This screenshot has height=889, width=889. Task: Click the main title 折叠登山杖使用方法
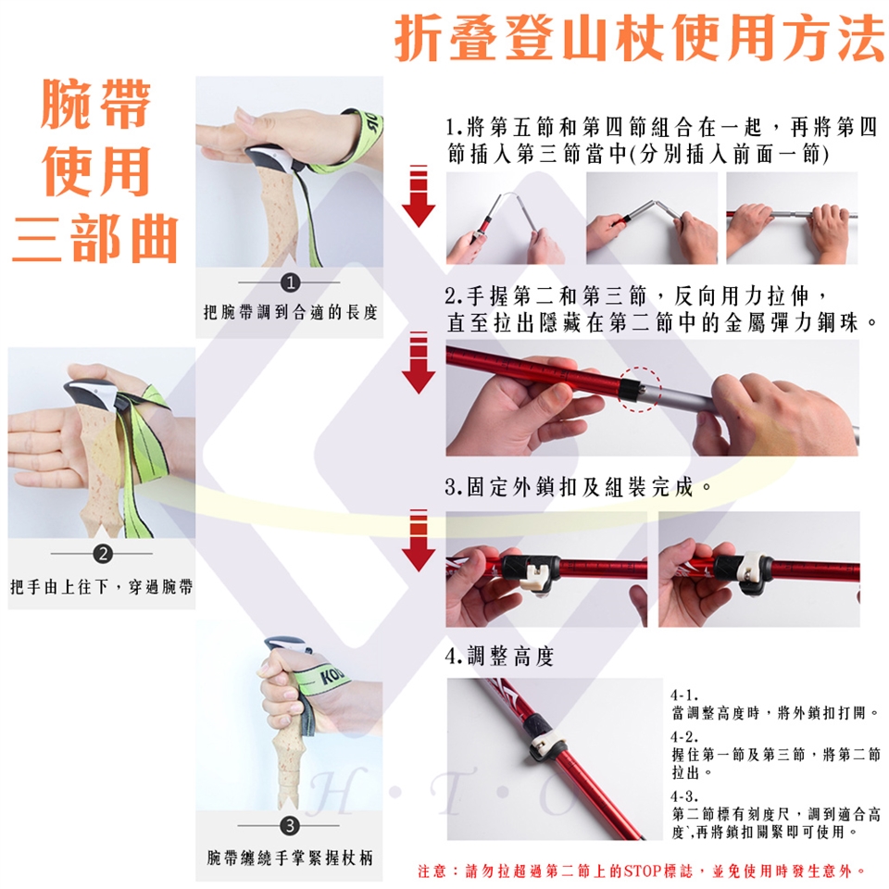click(639, 39)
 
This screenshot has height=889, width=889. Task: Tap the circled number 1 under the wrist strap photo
click(290, 282)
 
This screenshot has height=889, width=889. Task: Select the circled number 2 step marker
click(103, 554)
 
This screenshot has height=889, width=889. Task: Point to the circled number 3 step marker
click(290, 825)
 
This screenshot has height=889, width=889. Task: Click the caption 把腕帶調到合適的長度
click(290, 312)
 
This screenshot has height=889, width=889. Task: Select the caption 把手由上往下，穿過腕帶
click(102, 586)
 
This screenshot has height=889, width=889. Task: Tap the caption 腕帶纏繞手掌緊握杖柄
click(290, 858)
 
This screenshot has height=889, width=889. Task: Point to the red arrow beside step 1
click(419, 195)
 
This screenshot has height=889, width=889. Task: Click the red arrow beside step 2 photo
click(419, 362)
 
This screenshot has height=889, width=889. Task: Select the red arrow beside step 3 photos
click(419, 540)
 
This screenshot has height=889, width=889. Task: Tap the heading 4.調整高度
click(499, 657)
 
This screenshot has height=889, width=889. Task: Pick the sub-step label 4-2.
click(683, 736)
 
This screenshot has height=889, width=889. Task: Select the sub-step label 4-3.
click(683, 796)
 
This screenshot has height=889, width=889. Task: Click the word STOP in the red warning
click(641, 870)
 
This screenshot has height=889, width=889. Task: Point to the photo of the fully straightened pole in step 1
click(792, 219)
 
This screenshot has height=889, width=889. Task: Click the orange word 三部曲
click(94, 239)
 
